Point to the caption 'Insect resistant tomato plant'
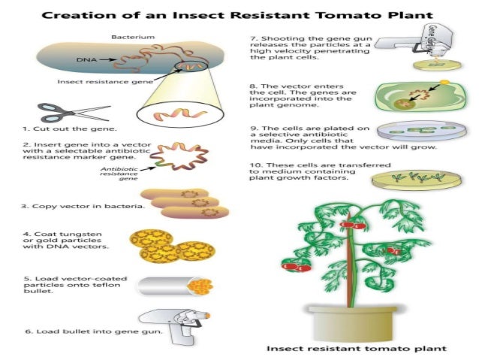357,349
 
